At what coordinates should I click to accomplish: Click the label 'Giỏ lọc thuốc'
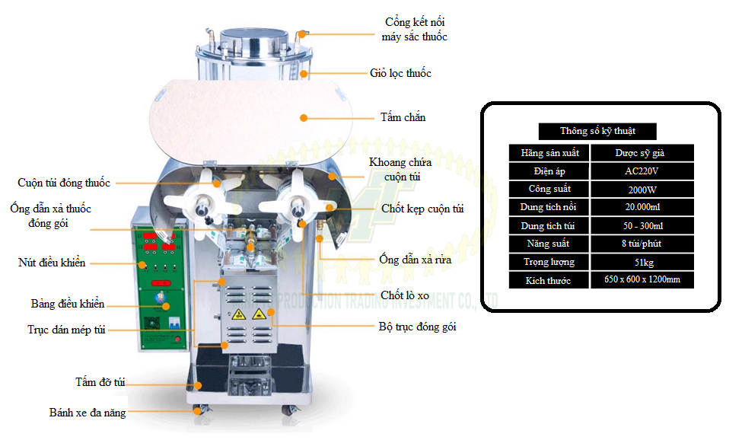(x=400, y=73)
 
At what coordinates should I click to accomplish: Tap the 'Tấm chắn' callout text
(x=403, y=117)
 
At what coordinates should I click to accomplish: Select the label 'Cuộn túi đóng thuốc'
(x=65, y=183)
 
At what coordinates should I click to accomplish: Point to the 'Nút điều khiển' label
(x=52, y=263)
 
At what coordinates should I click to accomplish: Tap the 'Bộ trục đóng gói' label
(x=417, y=327)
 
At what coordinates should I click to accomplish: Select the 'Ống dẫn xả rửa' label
(x=416, y=259)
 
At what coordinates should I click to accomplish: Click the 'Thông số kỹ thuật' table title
(x=597, y=130)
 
